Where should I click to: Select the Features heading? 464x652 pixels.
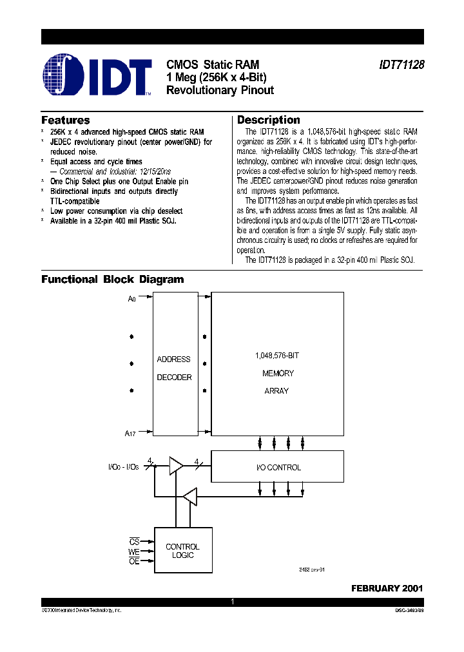65,120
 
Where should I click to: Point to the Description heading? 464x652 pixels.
269,120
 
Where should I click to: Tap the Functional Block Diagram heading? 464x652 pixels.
113,280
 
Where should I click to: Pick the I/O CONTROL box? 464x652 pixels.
278,467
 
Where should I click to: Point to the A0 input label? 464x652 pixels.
132,298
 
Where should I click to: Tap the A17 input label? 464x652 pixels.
130,434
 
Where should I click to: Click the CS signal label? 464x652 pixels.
134,542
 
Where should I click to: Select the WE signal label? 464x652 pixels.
134,551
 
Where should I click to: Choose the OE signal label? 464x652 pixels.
134,561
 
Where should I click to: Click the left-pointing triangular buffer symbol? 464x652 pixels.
189,496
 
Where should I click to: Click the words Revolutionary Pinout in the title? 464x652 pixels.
220,90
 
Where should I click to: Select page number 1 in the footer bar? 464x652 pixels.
232,602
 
